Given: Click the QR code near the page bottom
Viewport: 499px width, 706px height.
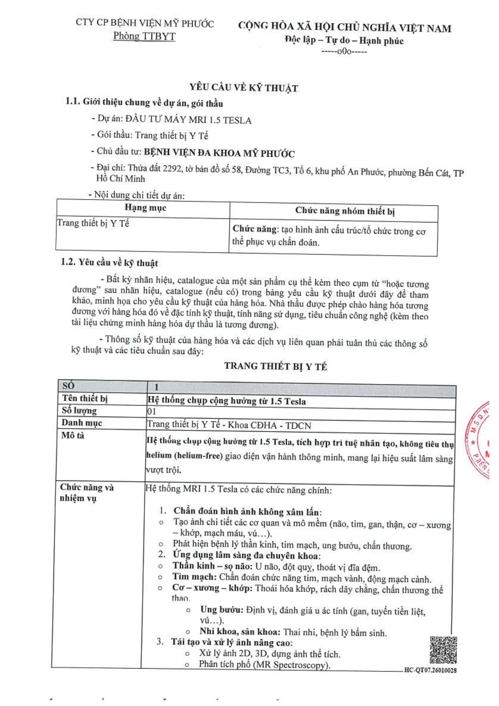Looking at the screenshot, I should click(x=443, y=650).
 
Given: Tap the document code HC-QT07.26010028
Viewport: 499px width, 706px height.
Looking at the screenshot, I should click(x=430, y=670).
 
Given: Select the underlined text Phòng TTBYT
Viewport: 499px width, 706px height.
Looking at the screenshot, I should click(x=144, y=36).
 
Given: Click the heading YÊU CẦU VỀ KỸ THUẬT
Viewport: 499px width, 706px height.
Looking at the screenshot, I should click(x=244, y=88).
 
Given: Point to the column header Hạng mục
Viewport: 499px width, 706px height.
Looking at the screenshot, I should click(x=145, y=208).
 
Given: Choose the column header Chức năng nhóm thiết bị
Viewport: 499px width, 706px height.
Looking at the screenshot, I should click(x=344, y=211).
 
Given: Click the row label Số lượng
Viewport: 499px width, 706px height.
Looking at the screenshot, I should click(x=79, y=411).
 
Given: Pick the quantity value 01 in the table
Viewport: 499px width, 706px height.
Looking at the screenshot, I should click(x=151, y=412).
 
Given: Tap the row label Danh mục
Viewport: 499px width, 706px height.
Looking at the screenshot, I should click(x=82, y=423).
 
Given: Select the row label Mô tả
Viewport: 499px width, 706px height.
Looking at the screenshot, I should click(x=73, y=435).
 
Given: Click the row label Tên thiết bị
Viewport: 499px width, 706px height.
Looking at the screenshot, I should click(x=85, y=398).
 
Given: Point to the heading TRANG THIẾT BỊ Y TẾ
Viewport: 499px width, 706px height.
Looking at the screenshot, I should click(x=276, y=366).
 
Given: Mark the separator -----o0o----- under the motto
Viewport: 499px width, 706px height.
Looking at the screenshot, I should click(x=344, y=52).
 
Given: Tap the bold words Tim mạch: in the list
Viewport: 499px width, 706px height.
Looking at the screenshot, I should click(x=194, y=576).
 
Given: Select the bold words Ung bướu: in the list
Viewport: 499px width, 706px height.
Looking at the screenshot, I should click(x=222, y=609).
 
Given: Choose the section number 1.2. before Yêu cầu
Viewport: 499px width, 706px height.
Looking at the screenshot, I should click(x=68, y=262).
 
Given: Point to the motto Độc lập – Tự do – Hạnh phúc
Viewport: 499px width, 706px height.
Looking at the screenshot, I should click(x=344, y=40).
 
